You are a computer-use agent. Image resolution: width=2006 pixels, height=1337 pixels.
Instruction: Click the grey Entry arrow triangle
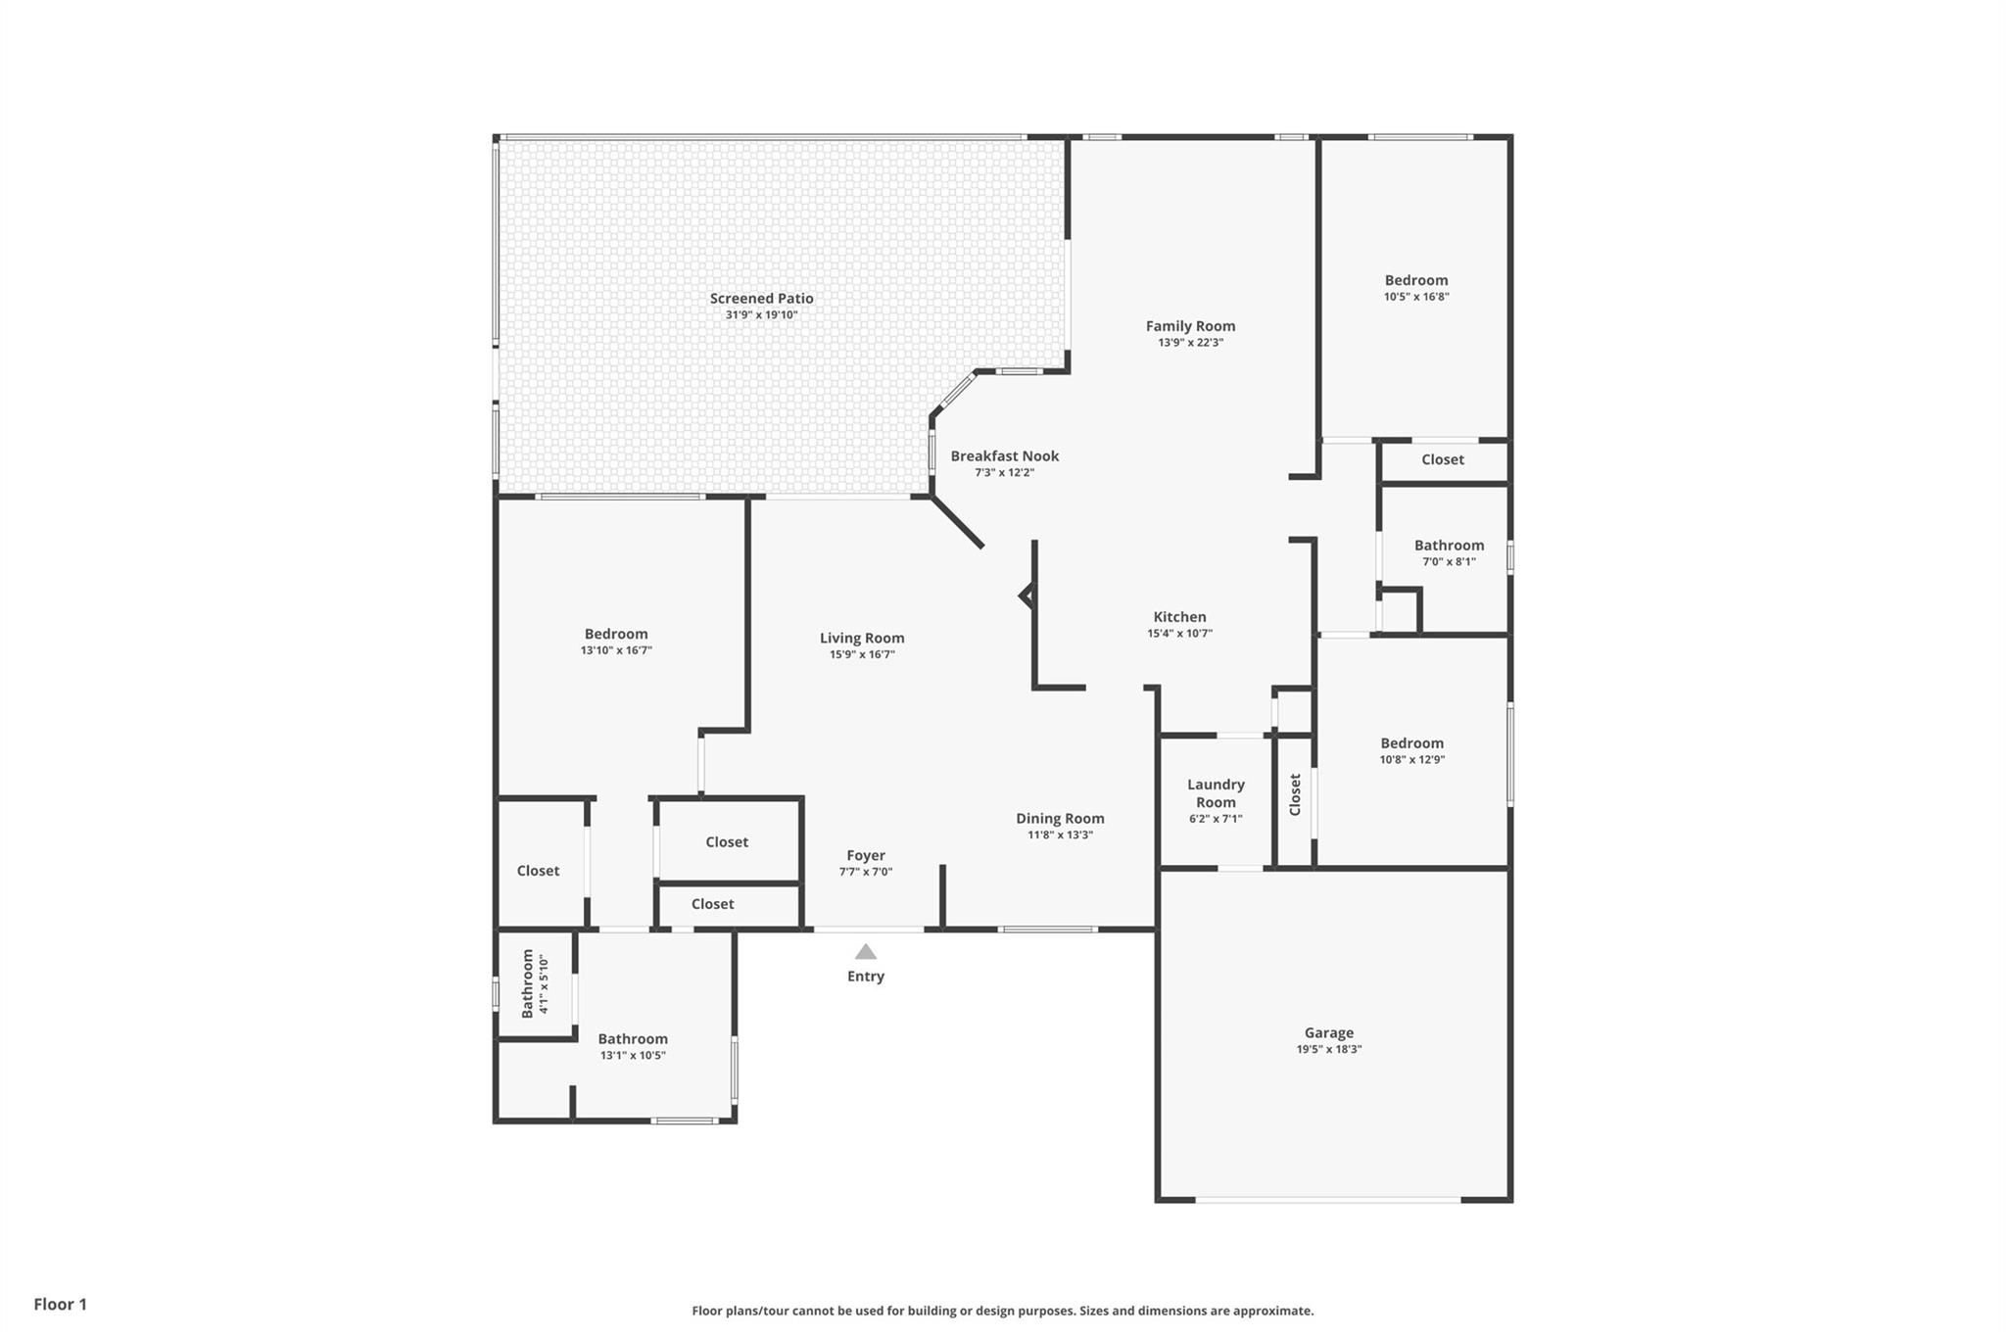coord(866,951)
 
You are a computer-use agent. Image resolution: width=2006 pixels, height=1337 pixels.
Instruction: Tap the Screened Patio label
coord(762,299)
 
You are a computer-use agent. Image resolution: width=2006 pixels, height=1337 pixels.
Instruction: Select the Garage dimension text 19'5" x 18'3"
coord(1329,1049)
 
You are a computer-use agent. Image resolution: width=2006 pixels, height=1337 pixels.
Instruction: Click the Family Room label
coord(1191,326)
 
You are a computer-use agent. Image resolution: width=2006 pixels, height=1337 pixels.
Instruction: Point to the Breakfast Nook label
coord(1005,455)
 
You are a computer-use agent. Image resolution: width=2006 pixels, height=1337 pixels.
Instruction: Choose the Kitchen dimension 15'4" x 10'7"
coord(1180,634)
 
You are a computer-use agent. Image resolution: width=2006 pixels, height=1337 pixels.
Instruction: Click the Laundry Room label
coord(1216,793)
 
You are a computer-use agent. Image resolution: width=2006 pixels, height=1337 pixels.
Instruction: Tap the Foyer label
coord(866,856)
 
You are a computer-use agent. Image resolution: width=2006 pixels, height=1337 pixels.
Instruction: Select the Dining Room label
coord(1060,819)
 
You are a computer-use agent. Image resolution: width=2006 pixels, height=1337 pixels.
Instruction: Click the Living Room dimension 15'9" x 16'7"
coord(862,654)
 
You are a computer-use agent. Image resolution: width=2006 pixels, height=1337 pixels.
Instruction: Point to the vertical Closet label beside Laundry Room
coord(1295,794)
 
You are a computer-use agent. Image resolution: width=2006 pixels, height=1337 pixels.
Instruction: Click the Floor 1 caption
coord(61,1304)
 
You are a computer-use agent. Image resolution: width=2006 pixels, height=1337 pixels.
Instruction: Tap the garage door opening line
coord(1328,1199)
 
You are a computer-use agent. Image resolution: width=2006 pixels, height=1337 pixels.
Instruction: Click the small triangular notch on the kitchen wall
coord(1027,595)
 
